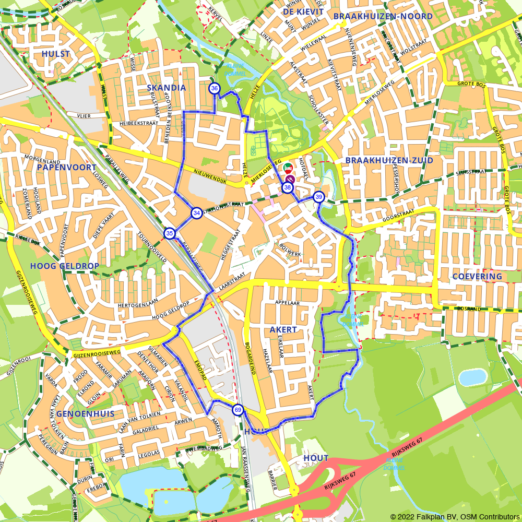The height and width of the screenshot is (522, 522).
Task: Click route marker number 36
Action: pyautogui.click(x=215, y=89)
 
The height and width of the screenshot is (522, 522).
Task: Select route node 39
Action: pyautogui.click(x=318, y=197)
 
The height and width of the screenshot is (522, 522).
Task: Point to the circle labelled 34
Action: pyautogui.click(x=196, y=213)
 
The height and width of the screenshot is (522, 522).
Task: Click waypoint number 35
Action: pyautogui.click(x=170, y=233)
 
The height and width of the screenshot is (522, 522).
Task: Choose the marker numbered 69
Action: pyautogui.click(x=238, y=410)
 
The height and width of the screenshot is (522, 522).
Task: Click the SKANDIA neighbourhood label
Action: pyautogui.click(x=167, y=88)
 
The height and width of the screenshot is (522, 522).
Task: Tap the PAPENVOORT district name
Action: pyautogui.click(x=67, y=168)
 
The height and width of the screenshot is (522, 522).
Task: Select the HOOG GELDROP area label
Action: pyautogui.click(x=65, y=266)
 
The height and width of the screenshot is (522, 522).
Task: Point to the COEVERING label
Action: pyautogui.click(x=477, y=276)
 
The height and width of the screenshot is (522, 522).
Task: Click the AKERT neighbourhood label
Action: pyautogui.click(x=283, y=330)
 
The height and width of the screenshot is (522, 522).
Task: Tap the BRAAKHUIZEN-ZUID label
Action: pyautogui.click(x=389, y=161)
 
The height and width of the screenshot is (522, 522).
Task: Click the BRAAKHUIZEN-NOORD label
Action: pyautogui.click(x=383, y=17)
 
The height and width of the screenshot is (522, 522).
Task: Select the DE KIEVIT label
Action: pyautogui.click(x=303, y=11)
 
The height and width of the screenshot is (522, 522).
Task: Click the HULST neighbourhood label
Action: pyautogui.click(x=56, y=54)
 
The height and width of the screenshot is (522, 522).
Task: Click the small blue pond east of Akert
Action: pyautogui.click(x=473, y=377)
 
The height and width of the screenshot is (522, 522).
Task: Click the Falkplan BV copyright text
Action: pyautogui.click(x=455, y=517)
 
